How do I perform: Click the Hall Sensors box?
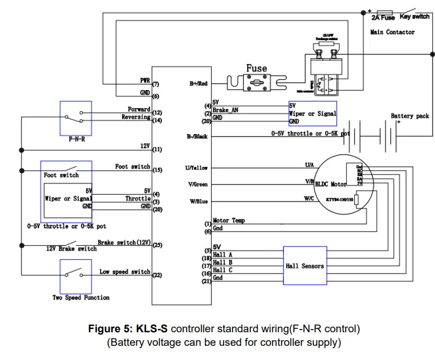coord(305,265)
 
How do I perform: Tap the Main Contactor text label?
coord(392,32)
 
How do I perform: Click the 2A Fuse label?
coord(383,18)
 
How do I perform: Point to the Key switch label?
coord(415,17)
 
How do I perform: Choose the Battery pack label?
coord(410,116)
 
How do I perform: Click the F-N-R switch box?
coord(76,118)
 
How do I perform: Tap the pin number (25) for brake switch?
coord(157,245)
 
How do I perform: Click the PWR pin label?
coord(145,80)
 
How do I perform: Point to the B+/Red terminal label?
coord(198,84)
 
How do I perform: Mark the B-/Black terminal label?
coord(197,136)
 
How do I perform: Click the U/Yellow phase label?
coord(196,168)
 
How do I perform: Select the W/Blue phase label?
coord(198,201)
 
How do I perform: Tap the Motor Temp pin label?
coord(229,221)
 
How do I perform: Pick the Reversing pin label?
coord(136,117)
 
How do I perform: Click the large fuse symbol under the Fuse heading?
coord(256,84)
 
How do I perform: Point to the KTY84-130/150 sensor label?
coord(339,199)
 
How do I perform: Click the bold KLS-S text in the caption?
coord(152,329)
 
